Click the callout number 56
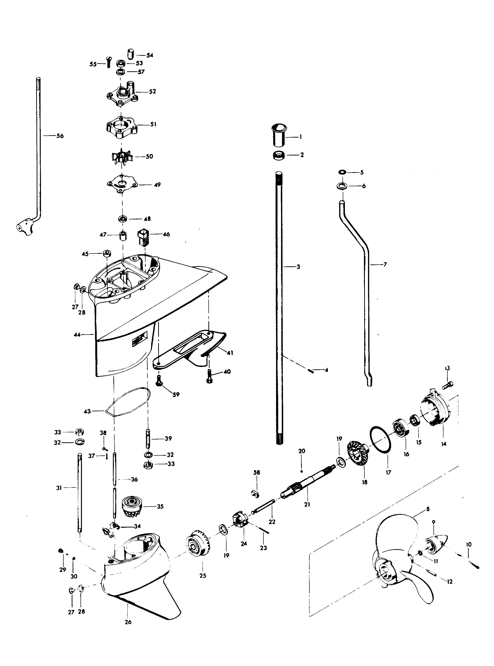click(x=60, y=136)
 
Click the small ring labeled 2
click(x=279, y=156)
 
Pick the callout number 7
click(x=385, y=265)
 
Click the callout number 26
click(x=128, y=622)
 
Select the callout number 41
click(x=230, y=353)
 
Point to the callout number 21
click(x=307, y=504)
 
